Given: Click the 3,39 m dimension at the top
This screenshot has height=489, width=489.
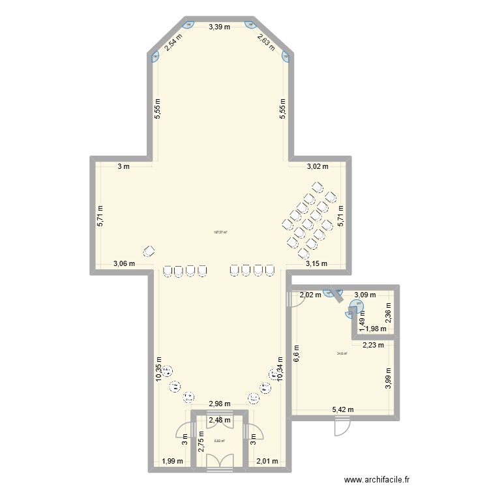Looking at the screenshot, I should point(219,27).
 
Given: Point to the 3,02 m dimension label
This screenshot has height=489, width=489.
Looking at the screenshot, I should point(318,167).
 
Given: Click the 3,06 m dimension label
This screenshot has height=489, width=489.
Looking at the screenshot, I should point(124,264).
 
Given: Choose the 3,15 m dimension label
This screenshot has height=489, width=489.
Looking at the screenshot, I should point(316,264).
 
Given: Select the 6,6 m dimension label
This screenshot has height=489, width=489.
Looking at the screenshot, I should point(297,353).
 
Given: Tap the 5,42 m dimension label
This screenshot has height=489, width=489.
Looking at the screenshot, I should point(343,410).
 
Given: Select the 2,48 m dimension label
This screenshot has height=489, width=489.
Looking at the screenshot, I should point(219,421).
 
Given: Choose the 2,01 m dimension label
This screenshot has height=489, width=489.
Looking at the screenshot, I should point(267,462).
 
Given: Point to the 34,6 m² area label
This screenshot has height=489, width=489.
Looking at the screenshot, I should point(342,354).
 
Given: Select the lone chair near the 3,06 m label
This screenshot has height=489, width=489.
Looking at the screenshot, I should point(149,252).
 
